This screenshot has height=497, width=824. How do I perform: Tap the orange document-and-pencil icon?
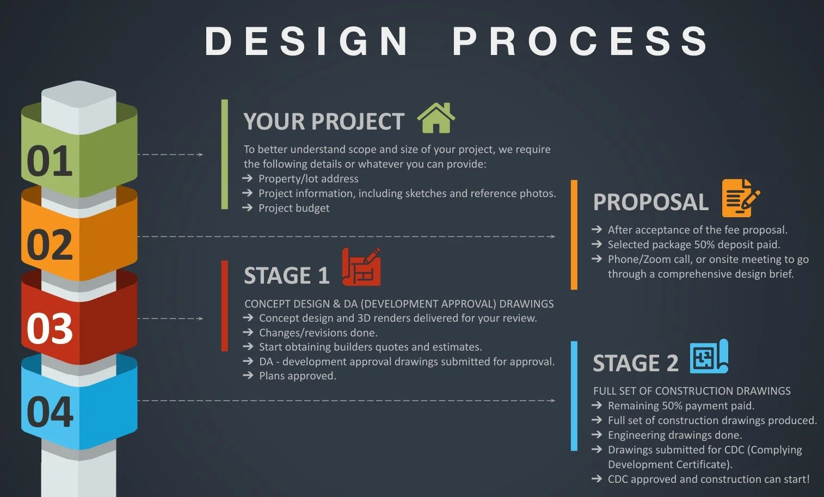pyautogui.click(x=740, y=198)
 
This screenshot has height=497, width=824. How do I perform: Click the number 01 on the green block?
pyautogui.click(x=50, y=161)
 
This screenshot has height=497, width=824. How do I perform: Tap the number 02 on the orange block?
pyautogui.click(x=50, y=244)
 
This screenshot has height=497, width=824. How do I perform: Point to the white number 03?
pyautogui.click(x=50, y=328)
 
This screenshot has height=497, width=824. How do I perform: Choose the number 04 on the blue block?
pyautogui.click(x=50, y=412)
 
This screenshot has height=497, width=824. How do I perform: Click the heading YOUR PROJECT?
pyautogui.click(x=324, y=121)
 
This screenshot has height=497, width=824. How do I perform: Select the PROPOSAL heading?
pyautogui.click(x=650, y=202)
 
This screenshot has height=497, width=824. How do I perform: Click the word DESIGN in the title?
pyautogui.click(x=307, y=41)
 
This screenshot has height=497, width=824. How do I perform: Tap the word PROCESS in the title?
pyautogui.click(x=580, y=41)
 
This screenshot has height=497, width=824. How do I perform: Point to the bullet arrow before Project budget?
pyautogui.click(x=247, y=207)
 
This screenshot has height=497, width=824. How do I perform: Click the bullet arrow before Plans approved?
pyautogui.click(x=248, y=375)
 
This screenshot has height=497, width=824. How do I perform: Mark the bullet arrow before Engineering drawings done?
pyautogui.click(x=597, y=434)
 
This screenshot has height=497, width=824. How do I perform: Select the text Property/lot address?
pyautogui.click(x=308, y=179)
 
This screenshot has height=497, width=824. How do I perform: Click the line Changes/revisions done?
pyautogui.click(x=318, y=333)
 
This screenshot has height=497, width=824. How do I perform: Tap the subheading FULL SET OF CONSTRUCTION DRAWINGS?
pyautogui.click(x=692, y=391)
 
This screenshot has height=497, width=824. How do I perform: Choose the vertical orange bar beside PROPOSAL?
pyautogui.click(x=574, y=235)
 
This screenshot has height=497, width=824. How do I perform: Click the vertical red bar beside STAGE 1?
pyautogui.click(x=225, y=305)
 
